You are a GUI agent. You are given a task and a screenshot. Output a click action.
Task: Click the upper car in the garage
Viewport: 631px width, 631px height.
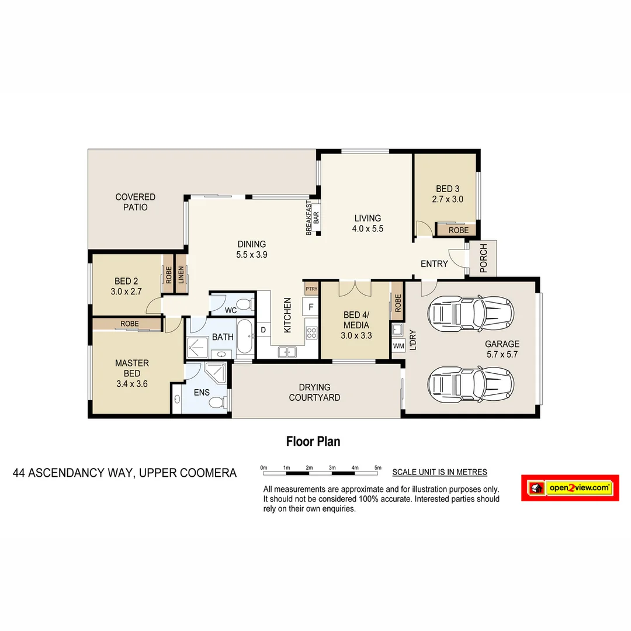point(471,313)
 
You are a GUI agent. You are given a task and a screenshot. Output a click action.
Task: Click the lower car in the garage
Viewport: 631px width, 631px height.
point(471,384)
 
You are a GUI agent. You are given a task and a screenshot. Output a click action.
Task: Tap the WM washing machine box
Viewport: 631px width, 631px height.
point(398,346)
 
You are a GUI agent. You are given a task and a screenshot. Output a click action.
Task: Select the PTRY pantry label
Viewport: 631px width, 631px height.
point(310,288)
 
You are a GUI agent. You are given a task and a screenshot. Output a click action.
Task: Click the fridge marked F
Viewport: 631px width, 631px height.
point(311,307)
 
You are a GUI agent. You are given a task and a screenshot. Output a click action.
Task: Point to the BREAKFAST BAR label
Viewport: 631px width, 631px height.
point(313,217)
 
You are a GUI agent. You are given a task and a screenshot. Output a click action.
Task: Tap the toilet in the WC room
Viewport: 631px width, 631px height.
point(248,304)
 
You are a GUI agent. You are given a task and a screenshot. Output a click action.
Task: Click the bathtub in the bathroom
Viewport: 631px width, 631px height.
point(245,337)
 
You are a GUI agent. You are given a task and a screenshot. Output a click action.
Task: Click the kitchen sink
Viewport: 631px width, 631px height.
point(287,352)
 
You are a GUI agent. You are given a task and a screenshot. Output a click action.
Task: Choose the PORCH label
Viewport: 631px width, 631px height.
point(483,258)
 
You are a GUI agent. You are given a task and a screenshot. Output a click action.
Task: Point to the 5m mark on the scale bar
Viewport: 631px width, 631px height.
point(378,468)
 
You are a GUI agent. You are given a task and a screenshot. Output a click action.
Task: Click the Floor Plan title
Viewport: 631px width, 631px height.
point(313,442)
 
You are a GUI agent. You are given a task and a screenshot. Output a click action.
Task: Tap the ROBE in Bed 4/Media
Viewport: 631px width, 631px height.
point(398,303)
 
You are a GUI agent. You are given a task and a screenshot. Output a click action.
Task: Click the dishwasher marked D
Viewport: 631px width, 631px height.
point(264,330)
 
